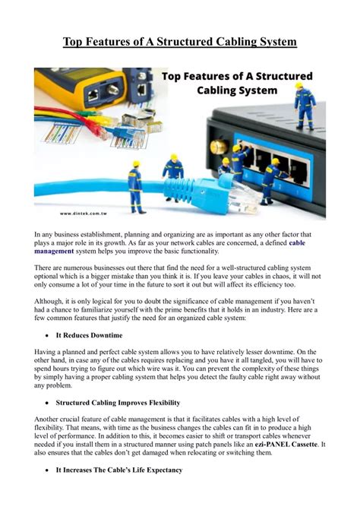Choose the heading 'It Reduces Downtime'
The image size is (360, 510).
90,334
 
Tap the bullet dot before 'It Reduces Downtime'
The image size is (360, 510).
47,334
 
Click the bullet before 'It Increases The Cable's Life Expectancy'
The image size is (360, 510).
47,470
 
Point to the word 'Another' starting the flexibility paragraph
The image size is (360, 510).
49,420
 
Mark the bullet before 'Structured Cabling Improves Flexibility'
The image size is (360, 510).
47,403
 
